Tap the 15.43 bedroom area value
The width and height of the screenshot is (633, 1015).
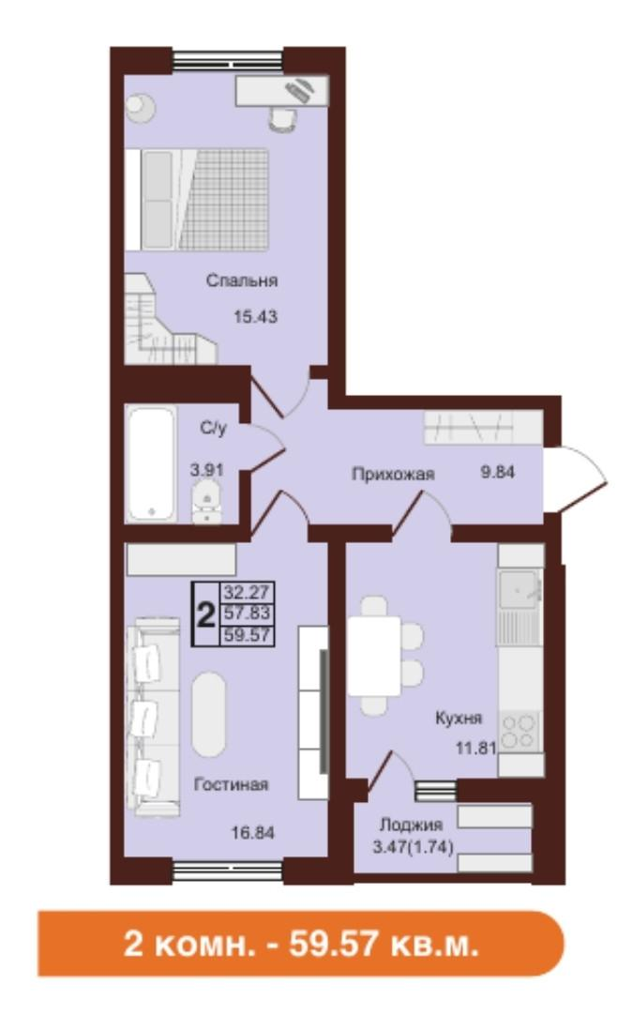click(256, 316)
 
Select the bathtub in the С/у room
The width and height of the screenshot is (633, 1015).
click(153, 462)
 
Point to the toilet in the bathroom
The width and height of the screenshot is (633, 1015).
click(206, 498)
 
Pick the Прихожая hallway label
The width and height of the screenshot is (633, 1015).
click(393, 475)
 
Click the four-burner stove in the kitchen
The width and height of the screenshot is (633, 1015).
click(520, 730)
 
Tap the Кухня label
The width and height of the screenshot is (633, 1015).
click(459, 720)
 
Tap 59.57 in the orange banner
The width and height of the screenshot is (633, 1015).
click(351, 941)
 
